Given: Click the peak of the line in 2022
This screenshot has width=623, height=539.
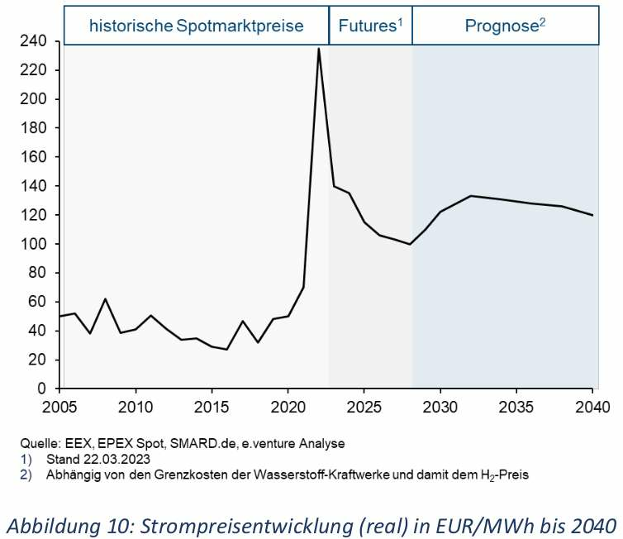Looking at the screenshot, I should (x=318, y=49).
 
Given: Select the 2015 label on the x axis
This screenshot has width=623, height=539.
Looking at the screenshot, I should (x=212, y=408).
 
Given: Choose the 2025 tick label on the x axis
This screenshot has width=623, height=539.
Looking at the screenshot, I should (x=364, y=408).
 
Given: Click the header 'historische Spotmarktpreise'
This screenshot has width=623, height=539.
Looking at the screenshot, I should (x=197, y=26).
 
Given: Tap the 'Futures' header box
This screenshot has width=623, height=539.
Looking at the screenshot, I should (x=370, y=26).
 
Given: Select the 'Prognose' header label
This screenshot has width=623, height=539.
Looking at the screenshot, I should (x=505, y=26).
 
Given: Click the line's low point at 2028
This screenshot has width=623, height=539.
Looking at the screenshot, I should (x=410, y=244).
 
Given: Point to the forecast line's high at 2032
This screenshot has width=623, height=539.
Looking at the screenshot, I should (x=470, y=196).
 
